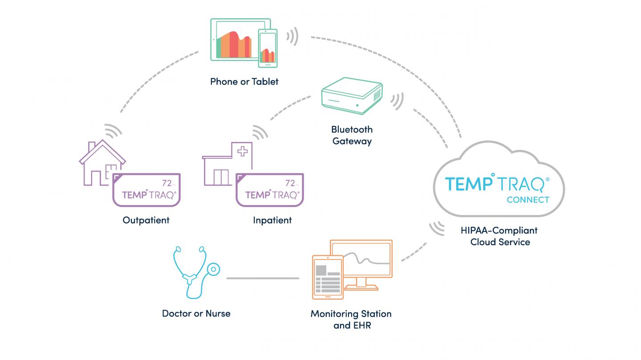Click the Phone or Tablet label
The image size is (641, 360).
click(244, 81)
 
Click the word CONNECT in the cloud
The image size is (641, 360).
click(528, 200)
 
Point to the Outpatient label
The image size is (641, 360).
click(146, 220)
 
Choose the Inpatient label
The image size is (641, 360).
click(272, 220)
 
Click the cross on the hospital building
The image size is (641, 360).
click(243, 151)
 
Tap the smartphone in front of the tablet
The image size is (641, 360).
click(268, 48)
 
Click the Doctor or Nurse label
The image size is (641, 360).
click(196, 314)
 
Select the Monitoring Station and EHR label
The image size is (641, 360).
click(351, 319)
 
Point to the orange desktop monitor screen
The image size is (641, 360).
click(361, 258)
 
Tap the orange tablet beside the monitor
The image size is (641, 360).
click(327, 276)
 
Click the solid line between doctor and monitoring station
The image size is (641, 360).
click(263, 279)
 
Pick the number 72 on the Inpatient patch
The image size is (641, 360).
click(290, 183)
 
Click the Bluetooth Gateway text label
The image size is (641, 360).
click(352, 135)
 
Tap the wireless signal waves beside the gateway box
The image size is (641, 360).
click(397, 101)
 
